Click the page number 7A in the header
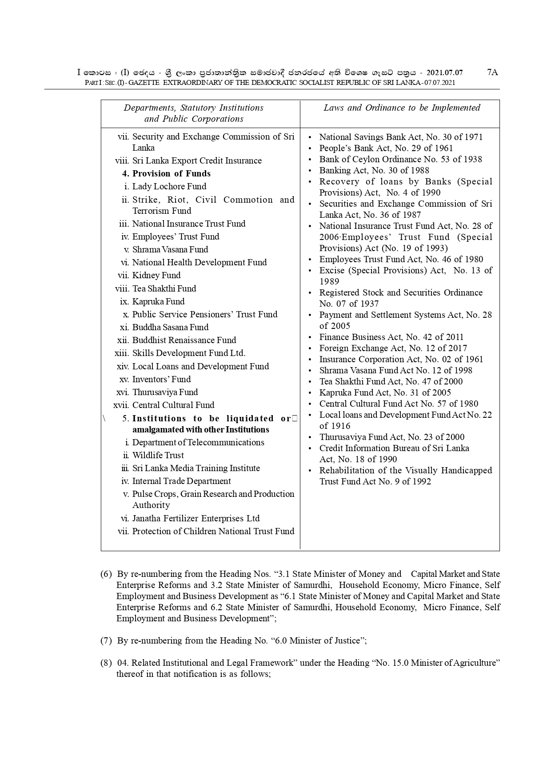(492, 72)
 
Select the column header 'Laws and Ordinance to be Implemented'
(402, 108)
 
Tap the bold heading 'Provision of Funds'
(171, 174)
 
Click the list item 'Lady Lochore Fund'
(169, 187)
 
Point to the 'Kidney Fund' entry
(156, 276)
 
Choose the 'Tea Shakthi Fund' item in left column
(164, 288)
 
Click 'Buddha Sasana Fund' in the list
(170, 328)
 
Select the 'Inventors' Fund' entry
(161, 380)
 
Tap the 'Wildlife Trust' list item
(158, 456)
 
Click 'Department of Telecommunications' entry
(198, 443)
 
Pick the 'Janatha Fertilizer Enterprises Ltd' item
(196, 519)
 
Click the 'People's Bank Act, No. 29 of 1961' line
(386, 148)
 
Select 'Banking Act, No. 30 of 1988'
(374, 171)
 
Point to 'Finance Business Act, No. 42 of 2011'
(391, 337)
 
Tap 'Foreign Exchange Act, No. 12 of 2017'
(393, 348)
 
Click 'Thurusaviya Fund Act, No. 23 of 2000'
(391, 437)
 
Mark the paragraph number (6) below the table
(106, 574)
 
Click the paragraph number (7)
(106, 641)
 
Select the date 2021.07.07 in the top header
(444, 72)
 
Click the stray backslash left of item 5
(104, 418)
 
